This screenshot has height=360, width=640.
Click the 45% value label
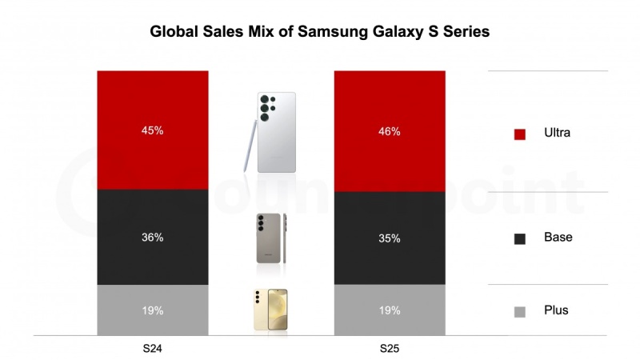(x=153, y=130)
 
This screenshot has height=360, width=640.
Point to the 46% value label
(x=390, y=130)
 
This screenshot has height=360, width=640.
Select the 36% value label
(x=153, y=238)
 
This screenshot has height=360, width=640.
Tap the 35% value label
(x=390, y=238)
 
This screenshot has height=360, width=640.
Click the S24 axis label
(x=153, y=350)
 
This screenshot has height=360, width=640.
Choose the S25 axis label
(x=390, y=350)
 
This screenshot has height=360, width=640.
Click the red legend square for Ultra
(x=519, y=134)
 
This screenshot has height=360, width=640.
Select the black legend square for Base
(x=519, y=238)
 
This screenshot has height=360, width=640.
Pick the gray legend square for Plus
(x=519, y=310)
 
